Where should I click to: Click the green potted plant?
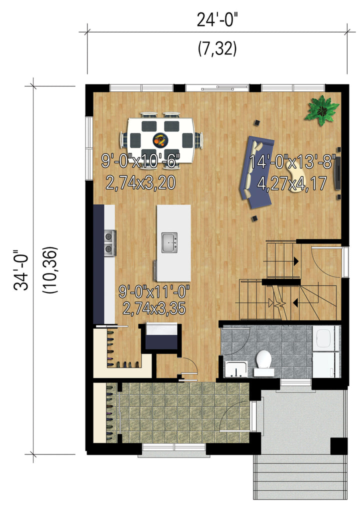(321, 110)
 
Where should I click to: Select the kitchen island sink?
(169, 242)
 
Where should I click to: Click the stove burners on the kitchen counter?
(110, 242)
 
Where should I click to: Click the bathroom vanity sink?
(236, 369)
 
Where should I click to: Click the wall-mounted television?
(337, 173)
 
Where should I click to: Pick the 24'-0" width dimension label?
(216, 19)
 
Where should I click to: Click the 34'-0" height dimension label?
(21, 270)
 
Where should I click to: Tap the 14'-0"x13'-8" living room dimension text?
(292, 162)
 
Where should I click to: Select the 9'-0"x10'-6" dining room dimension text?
(140, 161)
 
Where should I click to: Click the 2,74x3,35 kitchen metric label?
(154, 308)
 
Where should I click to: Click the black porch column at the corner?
(338, 446)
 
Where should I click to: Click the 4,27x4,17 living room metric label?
(292, 183)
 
